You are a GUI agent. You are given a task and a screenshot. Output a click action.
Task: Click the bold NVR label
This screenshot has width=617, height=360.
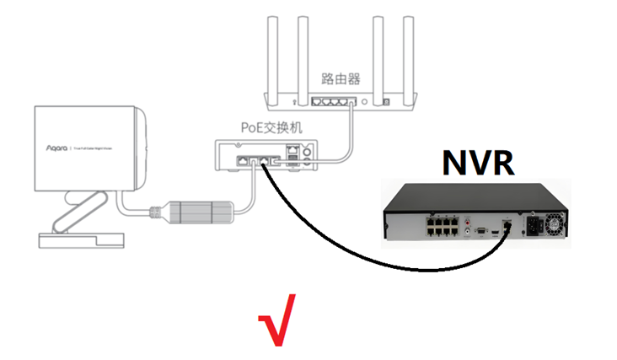476,162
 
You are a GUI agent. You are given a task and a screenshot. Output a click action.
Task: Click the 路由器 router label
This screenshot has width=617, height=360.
341,78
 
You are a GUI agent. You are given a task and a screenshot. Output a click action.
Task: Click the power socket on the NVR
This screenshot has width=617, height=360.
532,226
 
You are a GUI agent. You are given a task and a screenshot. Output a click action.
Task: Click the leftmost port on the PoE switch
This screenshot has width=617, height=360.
242,159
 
